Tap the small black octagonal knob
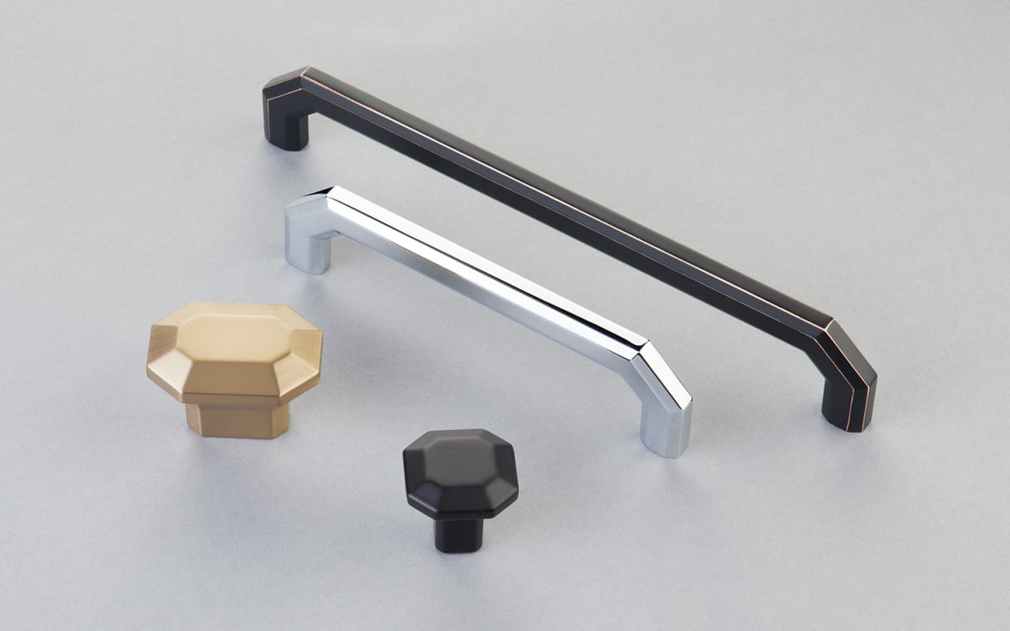460,480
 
